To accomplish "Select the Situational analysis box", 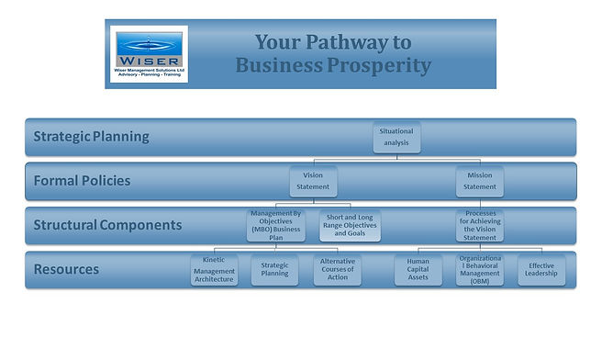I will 396,137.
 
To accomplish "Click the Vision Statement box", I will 313,181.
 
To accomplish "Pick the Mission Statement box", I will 479,181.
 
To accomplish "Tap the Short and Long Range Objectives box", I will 350,225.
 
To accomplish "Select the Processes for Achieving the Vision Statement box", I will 479,225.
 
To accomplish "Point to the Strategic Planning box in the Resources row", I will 274,270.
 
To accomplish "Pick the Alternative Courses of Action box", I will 338,270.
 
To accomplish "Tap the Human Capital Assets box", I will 418,270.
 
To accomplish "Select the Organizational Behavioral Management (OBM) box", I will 479,270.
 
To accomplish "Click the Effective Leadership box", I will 541,270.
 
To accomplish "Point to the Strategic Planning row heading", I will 91,137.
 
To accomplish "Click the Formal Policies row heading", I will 82,181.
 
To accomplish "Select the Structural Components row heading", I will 107,225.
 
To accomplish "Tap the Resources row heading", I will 66,270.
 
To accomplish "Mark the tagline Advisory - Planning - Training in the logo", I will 149,76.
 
